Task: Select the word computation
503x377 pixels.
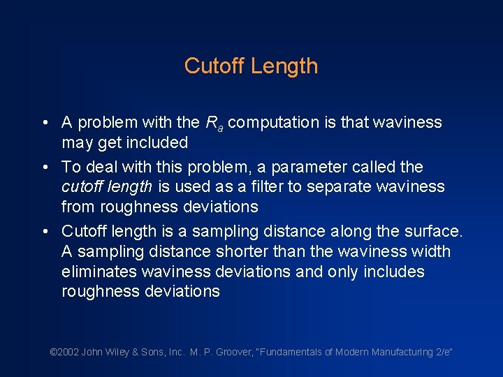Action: tap(274, 123)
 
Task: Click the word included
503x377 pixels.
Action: tap(160, 143)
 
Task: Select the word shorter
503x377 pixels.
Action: tap(236, 251)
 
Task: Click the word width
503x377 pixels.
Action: tap(433, 251)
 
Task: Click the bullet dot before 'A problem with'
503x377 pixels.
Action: tap(44, 124)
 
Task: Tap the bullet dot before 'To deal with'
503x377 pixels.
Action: tap(44, 168)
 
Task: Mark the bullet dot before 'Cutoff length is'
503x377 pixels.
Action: tap(44, 232)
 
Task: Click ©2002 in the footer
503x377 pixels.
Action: tap(64, 353)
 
